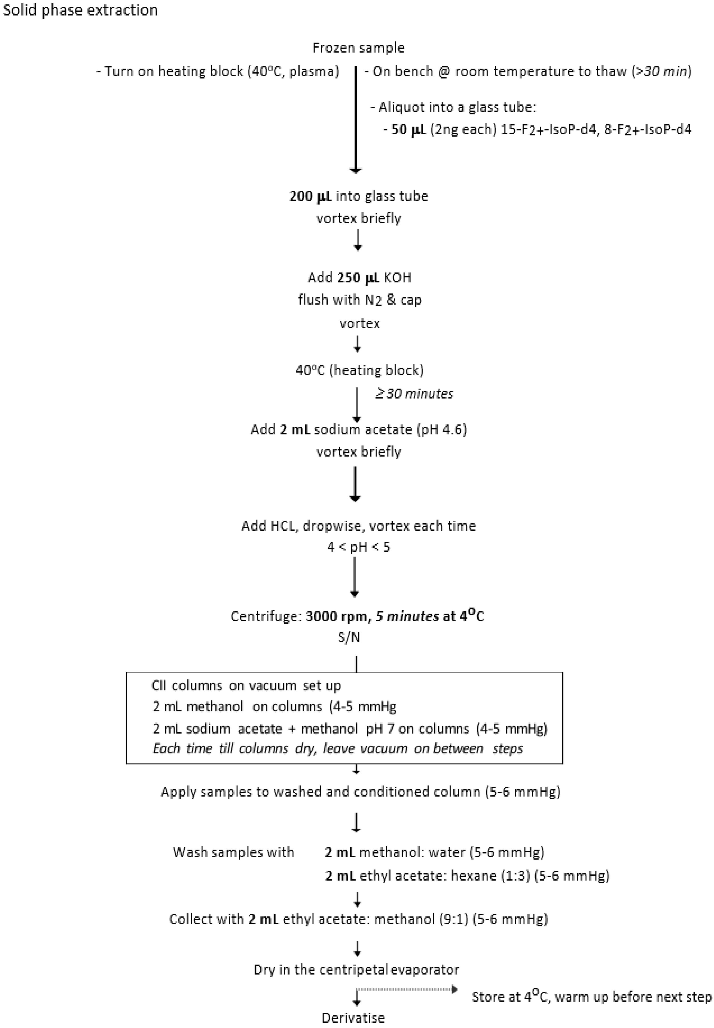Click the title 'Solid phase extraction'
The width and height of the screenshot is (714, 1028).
tap(81, 10)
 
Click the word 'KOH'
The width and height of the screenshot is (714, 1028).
tap(397, 277)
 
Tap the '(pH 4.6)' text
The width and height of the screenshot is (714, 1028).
tap(442, 430)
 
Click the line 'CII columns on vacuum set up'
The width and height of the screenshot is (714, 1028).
tap(246, 686)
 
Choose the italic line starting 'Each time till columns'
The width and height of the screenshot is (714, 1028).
tap(338, 748)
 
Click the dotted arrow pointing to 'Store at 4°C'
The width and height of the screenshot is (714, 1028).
tap(407, 989)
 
